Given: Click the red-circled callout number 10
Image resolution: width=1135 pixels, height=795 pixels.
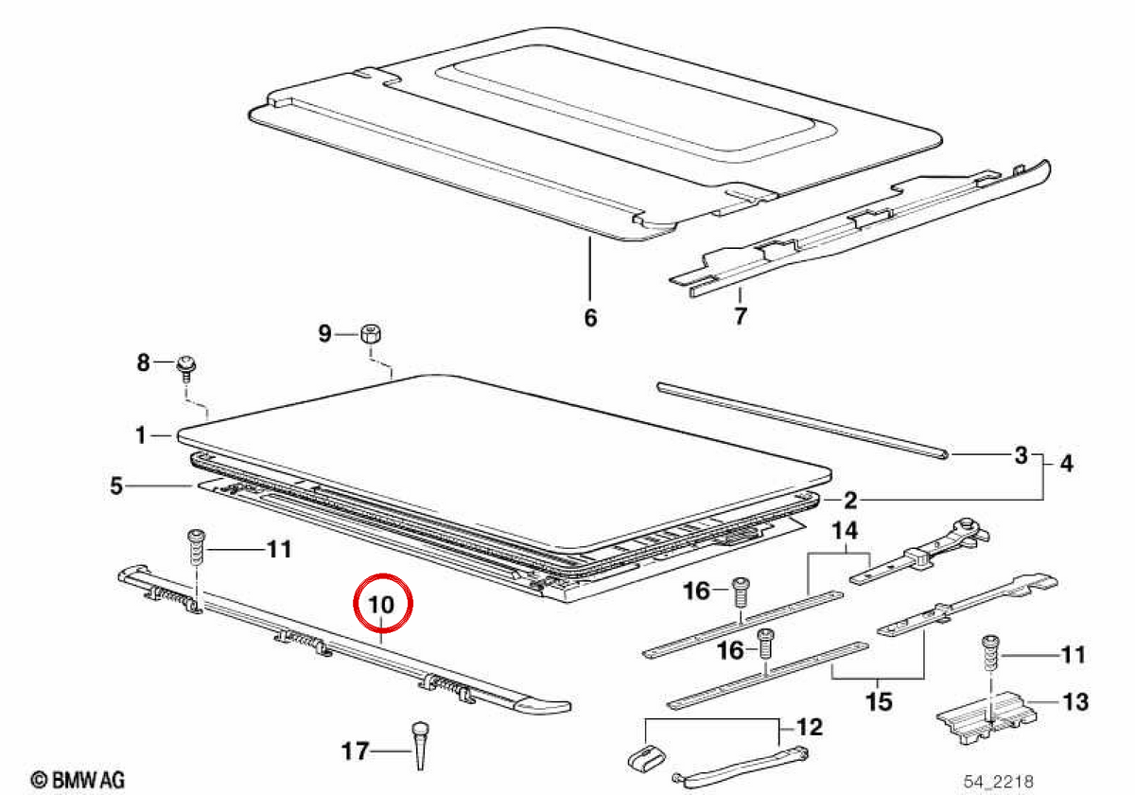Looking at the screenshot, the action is point(381,605).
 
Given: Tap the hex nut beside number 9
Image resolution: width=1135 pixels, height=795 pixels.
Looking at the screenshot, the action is point(371,334).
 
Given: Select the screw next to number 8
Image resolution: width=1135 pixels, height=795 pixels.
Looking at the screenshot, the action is point(186,369).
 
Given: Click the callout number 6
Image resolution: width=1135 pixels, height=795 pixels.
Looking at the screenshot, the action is point(591,318).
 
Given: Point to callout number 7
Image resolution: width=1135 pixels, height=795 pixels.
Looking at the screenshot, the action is point(741,316).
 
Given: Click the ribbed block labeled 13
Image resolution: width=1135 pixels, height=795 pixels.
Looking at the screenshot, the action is point(987,715).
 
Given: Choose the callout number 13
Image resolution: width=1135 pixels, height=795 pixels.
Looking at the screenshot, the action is point(1075,701).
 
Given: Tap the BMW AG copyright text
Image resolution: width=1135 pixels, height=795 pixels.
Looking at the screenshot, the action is point(78,779).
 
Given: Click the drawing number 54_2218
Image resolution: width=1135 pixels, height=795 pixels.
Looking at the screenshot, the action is point(998,782).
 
